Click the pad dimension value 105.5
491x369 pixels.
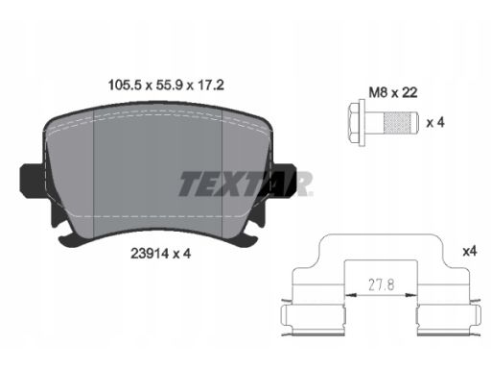pos(125,86)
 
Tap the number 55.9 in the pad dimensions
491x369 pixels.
pos(169,86)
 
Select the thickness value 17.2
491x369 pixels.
pos(211,86)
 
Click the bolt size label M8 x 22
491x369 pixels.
pos(393,92)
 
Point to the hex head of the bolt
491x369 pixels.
pos(355,123)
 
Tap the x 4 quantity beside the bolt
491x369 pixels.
pos(435,122)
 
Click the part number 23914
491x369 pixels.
pos(150,254)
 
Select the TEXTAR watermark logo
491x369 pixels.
pos(245,184)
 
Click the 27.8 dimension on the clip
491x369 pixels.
pos(382,284)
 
